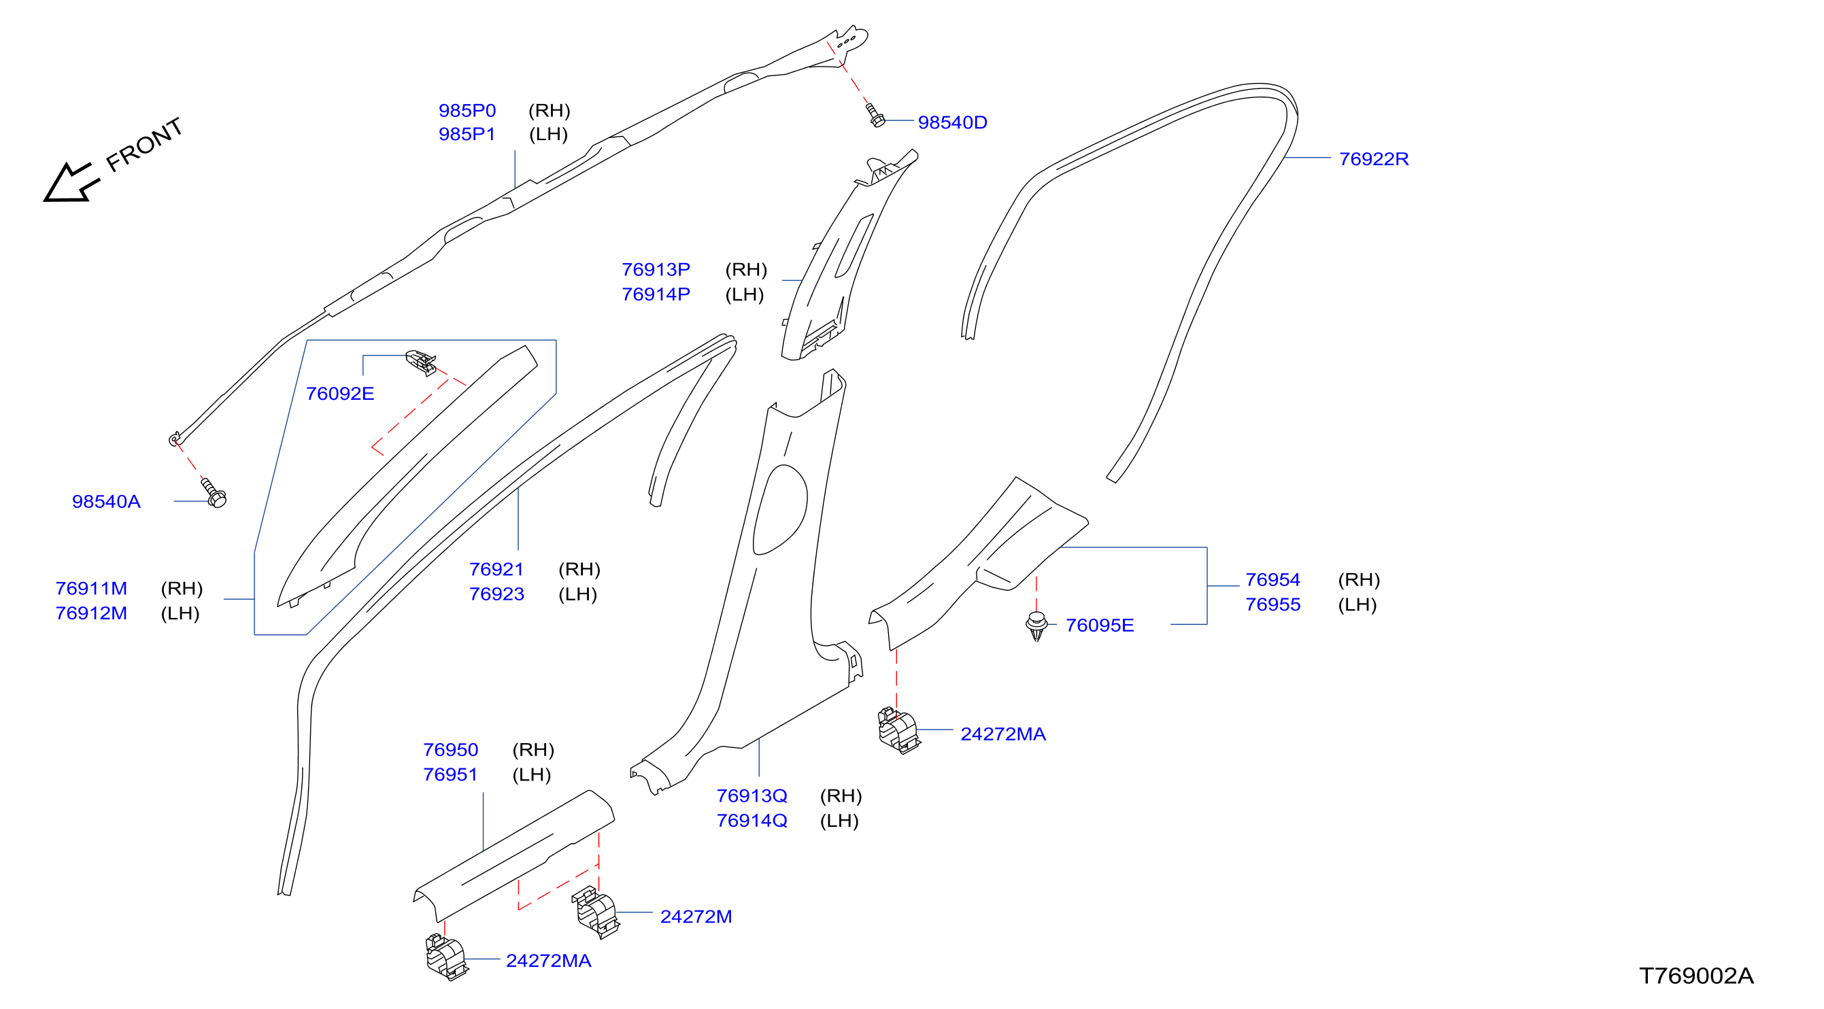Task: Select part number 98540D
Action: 952,122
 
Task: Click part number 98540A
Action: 106,501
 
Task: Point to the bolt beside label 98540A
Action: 213,492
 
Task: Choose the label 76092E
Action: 340,394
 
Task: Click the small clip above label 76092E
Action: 420,362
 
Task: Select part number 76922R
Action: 1374,158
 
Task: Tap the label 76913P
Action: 656,270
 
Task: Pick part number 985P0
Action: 467,110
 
